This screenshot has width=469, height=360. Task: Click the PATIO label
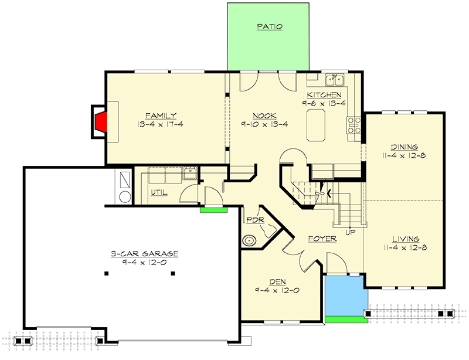(x=269, y=27)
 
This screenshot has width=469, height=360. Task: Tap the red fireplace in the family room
(x=100, y=121)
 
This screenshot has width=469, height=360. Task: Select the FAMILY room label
(x=161, y=116)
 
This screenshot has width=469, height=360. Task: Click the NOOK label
(x=265, y=116)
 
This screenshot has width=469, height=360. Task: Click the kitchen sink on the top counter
(x=335, y=79)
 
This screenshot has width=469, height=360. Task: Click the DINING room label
(x=403, y=147)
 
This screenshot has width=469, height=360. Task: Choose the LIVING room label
(x=405, y=239)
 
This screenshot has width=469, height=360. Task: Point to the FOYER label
(x=322, y=239)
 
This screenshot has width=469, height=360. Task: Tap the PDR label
(x=255, y=220)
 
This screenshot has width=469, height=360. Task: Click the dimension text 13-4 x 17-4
(x=162, y=125)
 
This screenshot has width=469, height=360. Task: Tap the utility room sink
(x=189, y=173)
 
